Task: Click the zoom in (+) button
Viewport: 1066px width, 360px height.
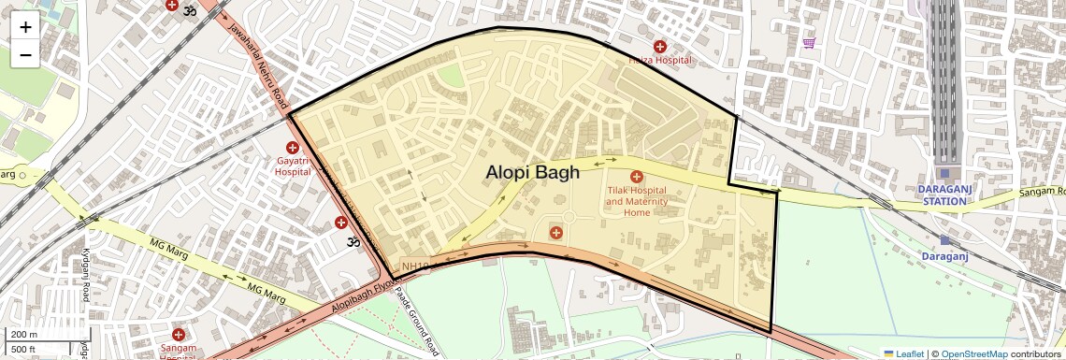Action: pyautogui.click(x=25, y=27)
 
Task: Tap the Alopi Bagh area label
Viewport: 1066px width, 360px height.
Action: pyautogui.click(x=532, y=172)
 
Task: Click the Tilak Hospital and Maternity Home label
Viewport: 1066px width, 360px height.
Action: pyautogui.click(x=636, y=201)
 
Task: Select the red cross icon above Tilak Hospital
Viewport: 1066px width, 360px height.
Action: pyautogui.click(x=637, y=177)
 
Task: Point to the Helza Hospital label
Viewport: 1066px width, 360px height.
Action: pyautogui.click(x=660, y=60)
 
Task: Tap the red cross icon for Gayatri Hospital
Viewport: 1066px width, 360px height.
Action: pyautogui.click(x=293, y=148)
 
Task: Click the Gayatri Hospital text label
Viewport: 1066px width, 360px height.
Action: pyautogui.click(x=293, y=166)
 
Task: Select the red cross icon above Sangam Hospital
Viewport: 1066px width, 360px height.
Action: pyautogui.click(x=179, y=334)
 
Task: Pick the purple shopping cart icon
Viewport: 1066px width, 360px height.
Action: pyautogui.click(x=809, y=42)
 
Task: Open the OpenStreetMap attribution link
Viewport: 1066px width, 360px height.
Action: pyautogui.click(x=973, y=353)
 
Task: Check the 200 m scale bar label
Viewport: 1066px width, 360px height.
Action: pyautogui.click(x=24, y=334)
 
